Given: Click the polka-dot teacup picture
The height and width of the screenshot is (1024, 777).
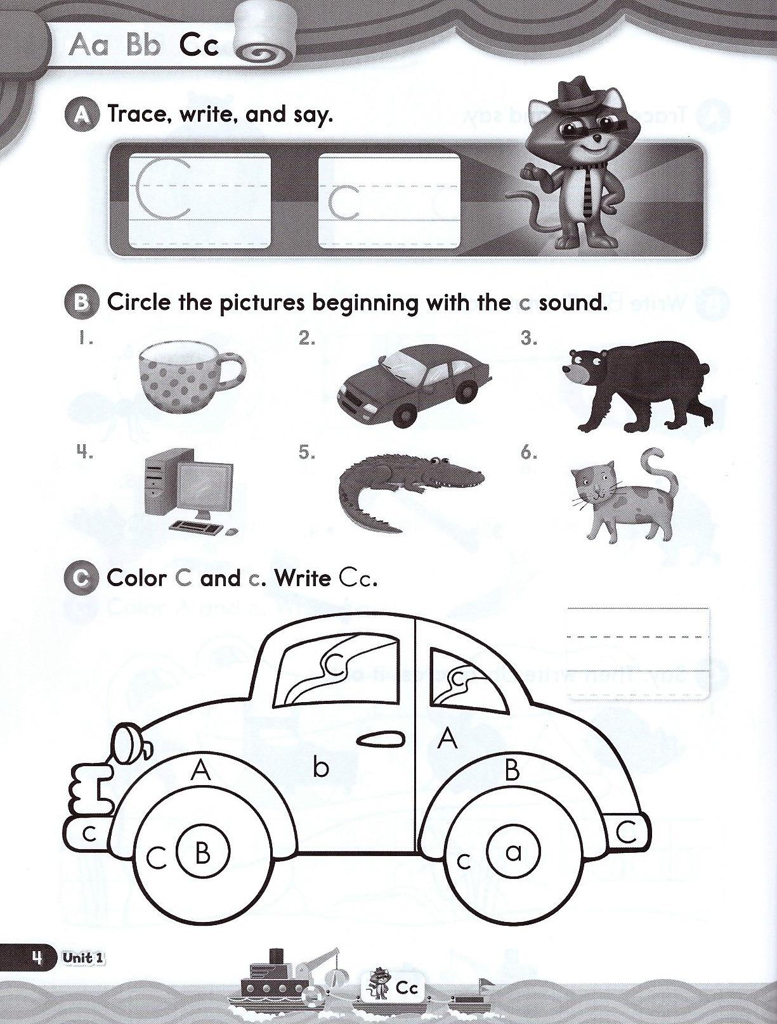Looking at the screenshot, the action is [192, 378].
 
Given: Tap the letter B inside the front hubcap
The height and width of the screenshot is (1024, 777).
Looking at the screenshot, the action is [202, 854].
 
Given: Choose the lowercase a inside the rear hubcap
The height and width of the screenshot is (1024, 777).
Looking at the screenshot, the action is [513, 852].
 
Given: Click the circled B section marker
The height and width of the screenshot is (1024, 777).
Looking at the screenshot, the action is [81, 304].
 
